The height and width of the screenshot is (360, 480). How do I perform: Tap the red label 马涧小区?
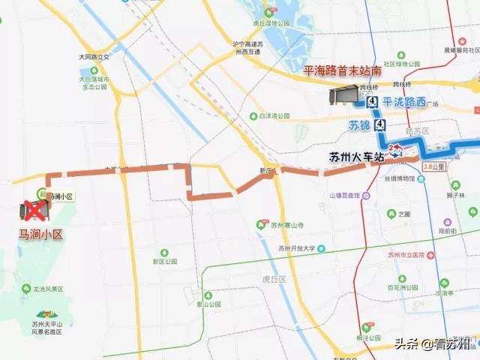(41, 235)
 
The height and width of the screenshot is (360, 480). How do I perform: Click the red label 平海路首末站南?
(342, 72)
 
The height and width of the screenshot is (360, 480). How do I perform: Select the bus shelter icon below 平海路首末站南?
(343, 96)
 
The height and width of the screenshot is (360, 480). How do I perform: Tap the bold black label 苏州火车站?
(356, 157)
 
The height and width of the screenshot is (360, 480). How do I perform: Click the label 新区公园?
(163, 262)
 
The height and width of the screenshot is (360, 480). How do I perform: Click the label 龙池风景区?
(46, 289)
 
